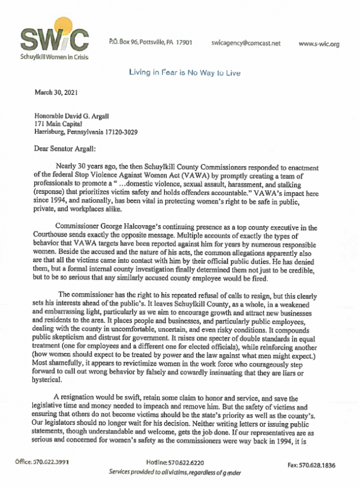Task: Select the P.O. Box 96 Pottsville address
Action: (x=149, y=44)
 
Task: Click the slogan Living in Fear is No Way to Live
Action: (x=185, y=73)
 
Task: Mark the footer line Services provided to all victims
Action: (x=175, y=473)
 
